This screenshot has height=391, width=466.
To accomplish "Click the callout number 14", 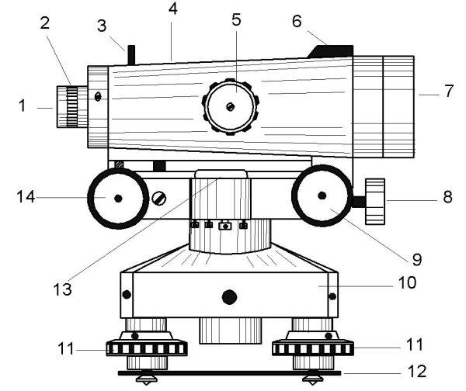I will pyautogui.click(x=23, y=197).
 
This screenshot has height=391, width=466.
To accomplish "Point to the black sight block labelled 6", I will pyautogui.click(x=332, y=50).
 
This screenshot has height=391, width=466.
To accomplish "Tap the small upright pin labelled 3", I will pyautogui.click(x=130, y=54).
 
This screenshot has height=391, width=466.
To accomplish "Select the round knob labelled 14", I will pyautogui.click(x=117, y=198).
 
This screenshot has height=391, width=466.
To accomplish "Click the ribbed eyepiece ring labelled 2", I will pyautogui.click(x=74, y=108).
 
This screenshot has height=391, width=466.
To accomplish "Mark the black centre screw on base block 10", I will pyautogui.click(x=228, y=296).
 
